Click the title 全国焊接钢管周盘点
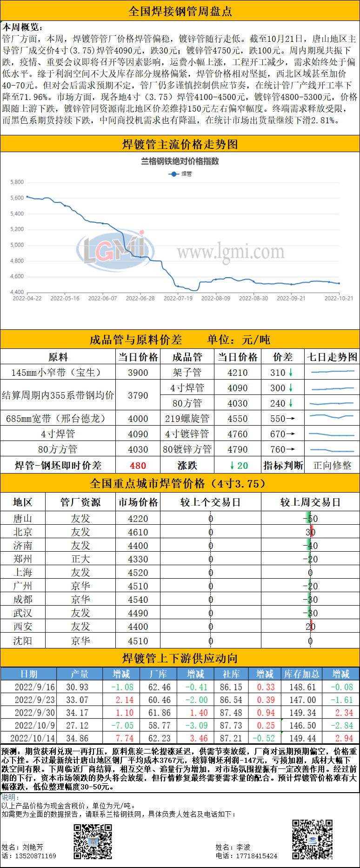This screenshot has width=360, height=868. pyautogui.click(x=180, y=11)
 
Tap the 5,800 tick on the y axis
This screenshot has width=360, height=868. pyautogui.click(x=17, y=182)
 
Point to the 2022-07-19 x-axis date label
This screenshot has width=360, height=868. pyautogui.click(x=178, y=299)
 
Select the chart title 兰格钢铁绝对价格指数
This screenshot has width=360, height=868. pyautogui.click(x=180, y=161)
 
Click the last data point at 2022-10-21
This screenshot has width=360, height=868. pyautogui.click(x=339, y=283)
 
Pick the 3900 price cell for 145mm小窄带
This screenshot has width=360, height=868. pyautogui.click(x=138, y=373)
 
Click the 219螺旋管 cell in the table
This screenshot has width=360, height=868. pyautogui.click(x=187, y=419)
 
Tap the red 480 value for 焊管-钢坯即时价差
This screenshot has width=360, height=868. pyautogui.click(x=138, y=466)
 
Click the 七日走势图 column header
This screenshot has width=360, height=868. pyautogui.click(x=332, y=357)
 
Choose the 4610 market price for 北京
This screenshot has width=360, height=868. pyautogui.click(x=138, y=532)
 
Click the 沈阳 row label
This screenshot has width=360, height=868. pyautogui.click(x=22, y=641)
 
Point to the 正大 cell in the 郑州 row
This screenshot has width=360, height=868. pyautogui.click(x=80, y=559)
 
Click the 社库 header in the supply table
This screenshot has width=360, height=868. pyautogui.click(x=231, y=674)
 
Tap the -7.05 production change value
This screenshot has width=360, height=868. pyautogui.click(x=122, y=725)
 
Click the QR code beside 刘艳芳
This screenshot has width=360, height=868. pyautogui.click(x=93, y=841)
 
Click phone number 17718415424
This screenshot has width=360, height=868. pyautogui.click(x=256, y=856)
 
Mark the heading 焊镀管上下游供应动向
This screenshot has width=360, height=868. pyautogui.click(x=180, y=658)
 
